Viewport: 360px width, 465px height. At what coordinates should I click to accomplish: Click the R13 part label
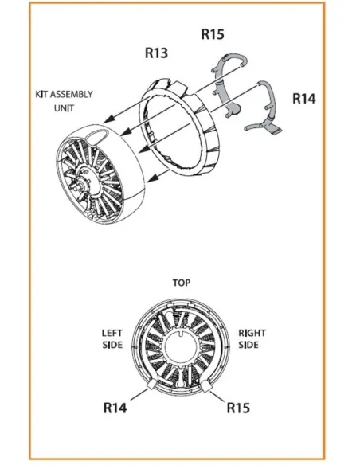(x=156, y=53)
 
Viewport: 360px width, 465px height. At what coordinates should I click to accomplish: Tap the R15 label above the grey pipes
(x=213, y=34)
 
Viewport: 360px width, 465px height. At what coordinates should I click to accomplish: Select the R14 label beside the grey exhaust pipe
(x=304, y=99)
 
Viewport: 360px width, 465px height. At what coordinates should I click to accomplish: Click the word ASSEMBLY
(x=72, y=95)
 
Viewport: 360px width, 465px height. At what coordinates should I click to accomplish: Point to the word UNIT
(x=64, y=108)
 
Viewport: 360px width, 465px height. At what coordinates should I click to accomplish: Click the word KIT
(x=41, y=95)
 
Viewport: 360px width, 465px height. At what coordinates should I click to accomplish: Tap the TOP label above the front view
(x=182, y=283)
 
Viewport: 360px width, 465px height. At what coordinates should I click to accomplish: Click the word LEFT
(x=112, y=333)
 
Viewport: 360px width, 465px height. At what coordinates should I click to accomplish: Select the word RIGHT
(x=252, y=333)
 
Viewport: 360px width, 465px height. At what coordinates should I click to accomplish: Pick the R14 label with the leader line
(x=115, y=408)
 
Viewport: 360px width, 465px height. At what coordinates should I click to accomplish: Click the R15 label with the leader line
(x=238, y=408)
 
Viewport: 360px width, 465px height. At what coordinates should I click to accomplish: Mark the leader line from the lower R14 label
(x=139, y=394)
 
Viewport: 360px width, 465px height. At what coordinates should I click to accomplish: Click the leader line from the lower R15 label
(x=217, y=397)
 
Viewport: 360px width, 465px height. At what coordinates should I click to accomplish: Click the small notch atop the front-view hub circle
(x=181, y=333)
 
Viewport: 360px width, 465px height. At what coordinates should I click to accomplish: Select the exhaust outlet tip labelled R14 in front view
(x=151, y=385)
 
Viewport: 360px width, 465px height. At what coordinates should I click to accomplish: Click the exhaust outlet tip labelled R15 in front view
(x=206, y=386)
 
